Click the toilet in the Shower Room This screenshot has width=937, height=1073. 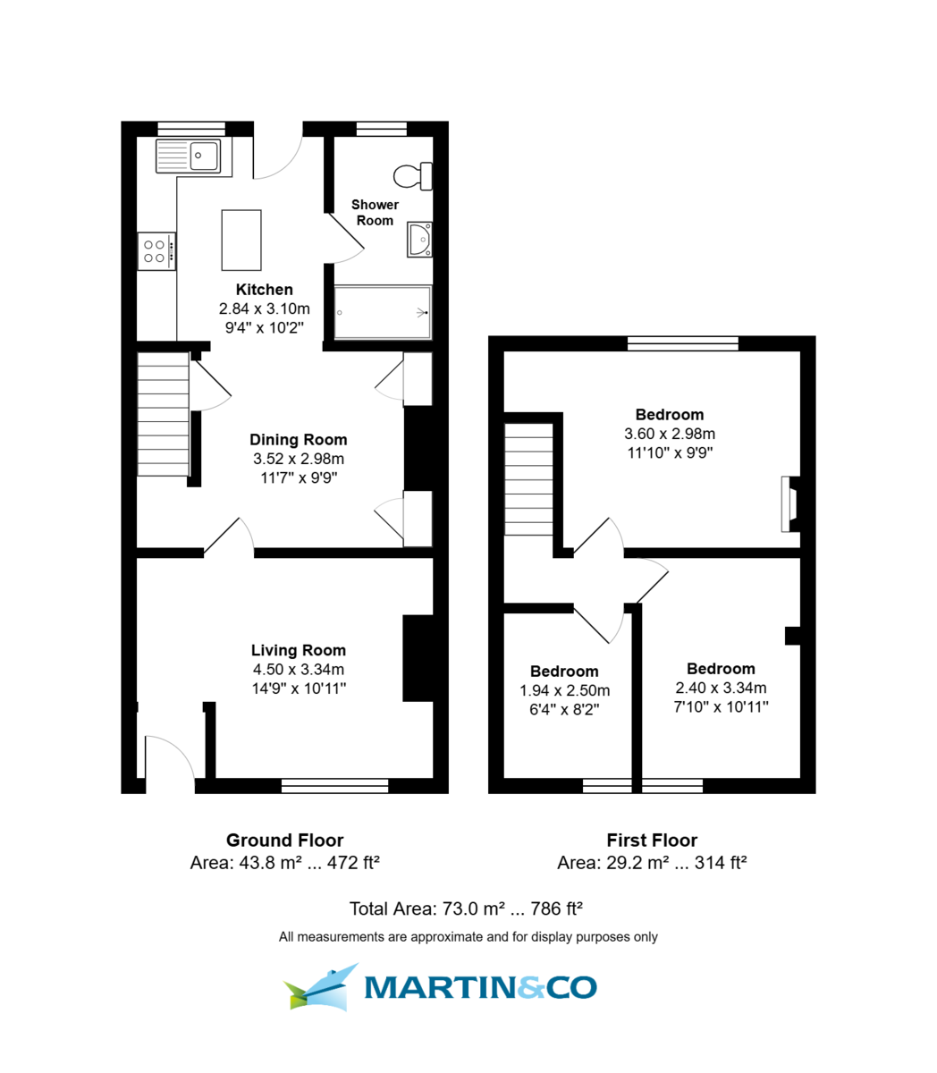[414, 176]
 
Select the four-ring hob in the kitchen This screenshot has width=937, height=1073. [156, 251]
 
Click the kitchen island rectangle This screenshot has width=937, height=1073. [241, 240]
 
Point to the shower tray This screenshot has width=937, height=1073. [383, 313]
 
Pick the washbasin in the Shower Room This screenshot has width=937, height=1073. [419, 240]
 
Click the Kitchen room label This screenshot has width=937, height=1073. [264, 290]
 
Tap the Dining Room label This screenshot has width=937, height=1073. [298, 440]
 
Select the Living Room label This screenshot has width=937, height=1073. [298, 651]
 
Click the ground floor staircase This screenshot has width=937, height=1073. [163, 414]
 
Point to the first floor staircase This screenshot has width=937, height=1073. [529, 479]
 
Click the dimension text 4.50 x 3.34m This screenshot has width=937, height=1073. [298, 670]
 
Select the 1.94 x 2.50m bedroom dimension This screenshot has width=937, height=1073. [564, 691]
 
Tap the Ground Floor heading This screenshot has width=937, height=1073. [284, 841]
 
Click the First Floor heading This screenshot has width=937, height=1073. [651, 841]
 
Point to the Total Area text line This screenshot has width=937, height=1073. [466, 909]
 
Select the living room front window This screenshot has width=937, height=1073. [334, 786]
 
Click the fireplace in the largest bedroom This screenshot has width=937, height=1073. [788, 504]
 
